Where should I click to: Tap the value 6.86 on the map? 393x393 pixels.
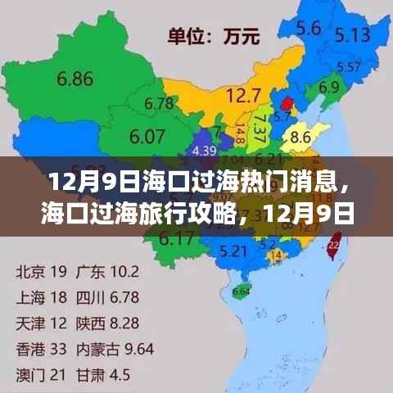coord(75,79)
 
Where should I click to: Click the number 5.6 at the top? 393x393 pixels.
coord(308,28)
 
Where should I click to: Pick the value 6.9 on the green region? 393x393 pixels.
coord(329,87)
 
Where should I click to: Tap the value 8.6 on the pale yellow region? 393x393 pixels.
coord(301,136)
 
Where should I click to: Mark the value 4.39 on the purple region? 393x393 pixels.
coord(203,151)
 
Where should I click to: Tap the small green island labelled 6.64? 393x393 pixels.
coord(241,290)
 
